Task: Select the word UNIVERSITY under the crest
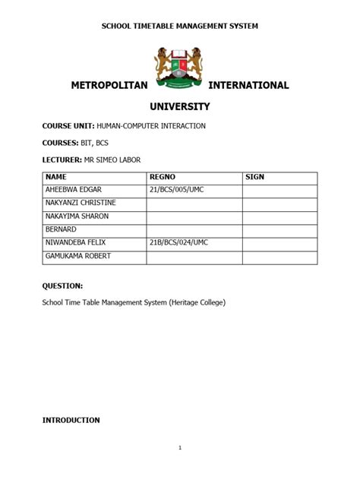[180, 107]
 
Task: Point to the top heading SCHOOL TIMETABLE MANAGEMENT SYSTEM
[180, 26]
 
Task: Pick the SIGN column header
[254, 177]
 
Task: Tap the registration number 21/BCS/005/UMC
[177, 190]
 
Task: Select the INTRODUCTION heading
[71, 419]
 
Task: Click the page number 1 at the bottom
[180, 447]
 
